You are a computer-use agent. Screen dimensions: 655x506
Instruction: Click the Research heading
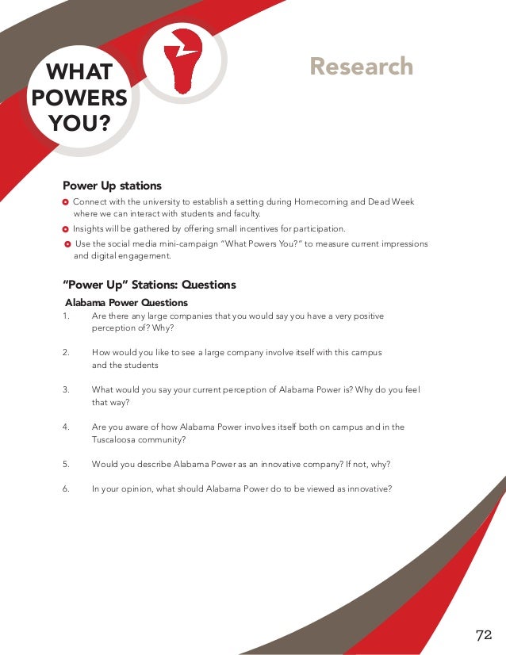click(x=362, y=66)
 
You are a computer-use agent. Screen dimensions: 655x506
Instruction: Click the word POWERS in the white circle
click(x=79, y=98)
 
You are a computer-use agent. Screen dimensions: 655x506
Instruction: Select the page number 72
click(x=484, y=634)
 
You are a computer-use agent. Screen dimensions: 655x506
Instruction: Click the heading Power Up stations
click(x=112, y=186)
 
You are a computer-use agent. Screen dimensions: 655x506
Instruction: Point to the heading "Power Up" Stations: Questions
click(x=149, y=285)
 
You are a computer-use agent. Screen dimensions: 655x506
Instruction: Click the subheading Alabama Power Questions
click(x=126, y=303)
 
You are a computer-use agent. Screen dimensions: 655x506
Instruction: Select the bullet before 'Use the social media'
click(x=67, y=244)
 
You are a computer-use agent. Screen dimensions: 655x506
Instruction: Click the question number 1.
click(x=64, y=316)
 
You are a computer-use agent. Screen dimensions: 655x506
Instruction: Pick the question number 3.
click(x=65, y=390)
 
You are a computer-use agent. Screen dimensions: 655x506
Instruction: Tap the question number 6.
click(x=65, y=488)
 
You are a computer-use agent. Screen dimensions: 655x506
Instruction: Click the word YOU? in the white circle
click(x=79, y=124)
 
